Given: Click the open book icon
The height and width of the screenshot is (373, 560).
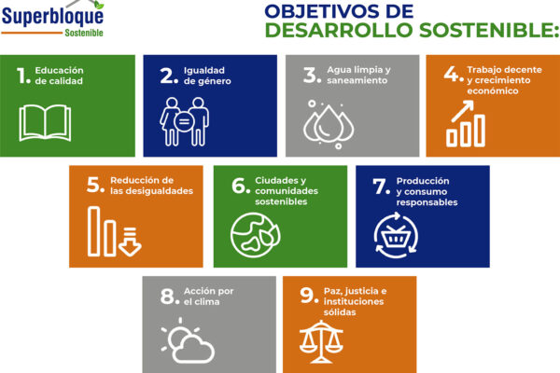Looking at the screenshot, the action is coord(45,122).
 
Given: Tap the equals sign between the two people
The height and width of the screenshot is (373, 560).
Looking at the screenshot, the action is coord(184,122).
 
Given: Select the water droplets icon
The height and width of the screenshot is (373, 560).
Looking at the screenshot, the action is coord(329,125).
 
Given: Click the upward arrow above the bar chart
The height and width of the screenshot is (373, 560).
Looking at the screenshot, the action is coord(463,111).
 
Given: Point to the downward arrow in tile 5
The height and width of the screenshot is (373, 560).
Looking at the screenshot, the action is coord(130,242).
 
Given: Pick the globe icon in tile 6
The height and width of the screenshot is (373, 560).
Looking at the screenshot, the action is coord(255,235).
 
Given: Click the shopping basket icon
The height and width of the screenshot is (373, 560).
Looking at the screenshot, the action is coord(396,235).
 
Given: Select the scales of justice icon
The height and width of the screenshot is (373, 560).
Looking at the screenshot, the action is coord(321,341).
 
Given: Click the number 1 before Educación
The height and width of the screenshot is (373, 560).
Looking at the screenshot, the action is coord(21,76).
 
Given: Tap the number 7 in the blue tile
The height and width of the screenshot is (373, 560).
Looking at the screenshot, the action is coord(379,186).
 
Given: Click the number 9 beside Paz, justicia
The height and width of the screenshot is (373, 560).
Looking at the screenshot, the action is coord(307,296).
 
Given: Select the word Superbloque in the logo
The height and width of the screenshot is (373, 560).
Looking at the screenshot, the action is coord(52,16).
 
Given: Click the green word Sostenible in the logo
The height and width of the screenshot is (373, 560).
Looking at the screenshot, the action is coord(84,33).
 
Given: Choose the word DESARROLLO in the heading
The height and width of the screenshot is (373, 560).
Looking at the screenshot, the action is coord(339,30).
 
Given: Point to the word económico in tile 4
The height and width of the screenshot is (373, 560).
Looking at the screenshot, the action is coord(493,91).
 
